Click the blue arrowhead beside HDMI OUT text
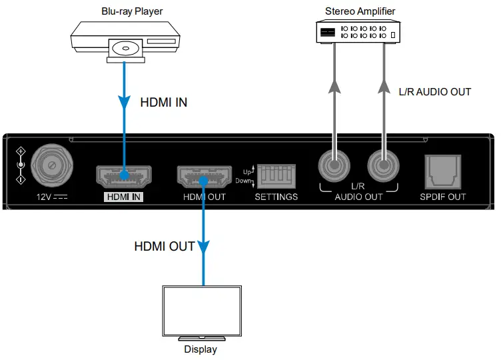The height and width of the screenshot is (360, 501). tap(204, 247)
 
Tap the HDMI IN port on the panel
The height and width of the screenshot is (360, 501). tap(125, 177)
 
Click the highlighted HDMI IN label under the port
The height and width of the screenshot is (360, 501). tap(125, 197)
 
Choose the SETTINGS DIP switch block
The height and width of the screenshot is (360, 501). tap(276, 177)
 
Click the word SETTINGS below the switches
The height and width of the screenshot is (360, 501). tap(276, 197)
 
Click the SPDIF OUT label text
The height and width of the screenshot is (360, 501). tap(443, 197)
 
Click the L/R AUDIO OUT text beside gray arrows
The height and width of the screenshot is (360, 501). tap(434, 92)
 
